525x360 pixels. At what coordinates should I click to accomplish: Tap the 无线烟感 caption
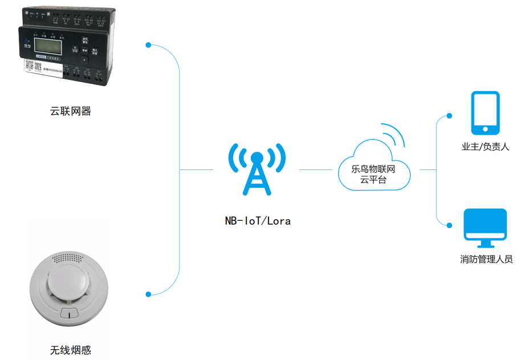(71, 350)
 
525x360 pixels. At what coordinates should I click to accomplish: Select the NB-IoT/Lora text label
(258, 221)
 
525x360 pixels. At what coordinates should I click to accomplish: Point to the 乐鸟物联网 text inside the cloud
(374, 169)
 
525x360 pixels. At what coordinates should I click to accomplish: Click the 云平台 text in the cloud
(373, 180)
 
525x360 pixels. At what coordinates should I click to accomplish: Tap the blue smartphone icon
(485, 112)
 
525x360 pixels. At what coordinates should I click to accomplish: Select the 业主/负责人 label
(485, 147)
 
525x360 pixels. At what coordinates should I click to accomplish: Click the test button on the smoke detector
(70, 312)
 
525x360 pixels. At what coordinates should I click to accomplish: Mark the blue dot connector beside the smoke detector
(148, 294)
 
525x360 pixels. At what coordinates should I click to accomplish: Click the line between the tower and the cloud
(315, 169)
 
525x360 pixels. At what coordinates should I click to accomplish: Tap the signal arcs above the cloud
(394, 136)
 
